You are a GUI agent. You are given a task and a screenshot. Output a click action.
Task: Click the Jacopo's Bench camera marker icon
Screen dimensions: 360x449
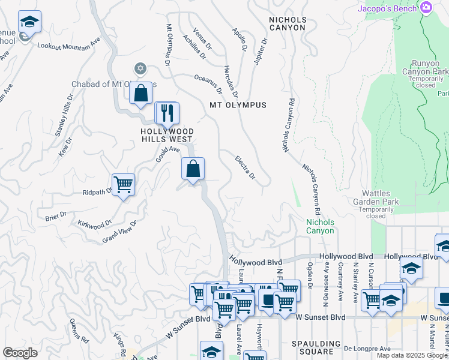coord(426,8)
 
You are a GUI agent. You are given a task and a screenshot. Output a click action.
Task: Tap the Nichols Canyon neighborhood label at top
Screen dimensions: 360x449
coord(288,23)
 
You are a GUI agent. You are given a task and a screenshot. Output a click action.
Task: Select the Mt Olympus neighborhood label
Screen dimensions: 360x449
coord(238,105)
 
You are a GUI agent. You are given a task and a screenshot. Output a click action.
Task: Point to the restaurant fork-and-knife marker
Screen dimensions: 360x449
coord(167,112)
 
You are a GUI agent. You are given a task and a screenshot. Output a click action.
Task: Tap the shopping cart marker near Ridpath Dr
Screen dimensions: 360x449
coord(123,184)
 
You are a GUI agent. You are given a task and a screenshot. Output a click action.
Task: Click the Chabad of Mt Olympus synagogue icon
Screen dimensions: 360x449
coord(140,68)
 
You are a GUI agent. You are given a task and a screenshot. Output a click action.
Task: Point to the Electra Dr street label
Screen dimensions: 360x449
coord(245,167)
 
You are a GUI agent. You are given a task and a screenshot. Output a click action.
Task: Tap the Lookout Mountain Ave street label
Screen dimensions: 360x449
coord(68,45)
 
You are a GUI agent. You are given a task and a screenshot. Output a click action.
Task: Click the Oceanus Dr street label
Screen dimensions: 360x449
coord(208,85)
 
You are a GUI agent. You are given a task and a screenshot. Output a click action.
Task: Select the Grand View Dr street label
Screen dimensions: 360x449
coord(119,232)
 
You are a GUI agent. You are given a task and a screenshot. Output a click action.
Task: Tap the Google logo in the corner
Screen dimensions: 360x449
coord(20,353)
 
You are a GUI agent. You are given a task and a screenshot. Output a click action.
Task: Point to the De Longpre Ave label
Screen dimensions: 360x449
coord(367,348)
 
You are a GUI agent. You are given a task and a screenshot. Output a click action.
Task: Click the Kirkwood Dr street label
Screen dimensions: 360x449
coord(95,224)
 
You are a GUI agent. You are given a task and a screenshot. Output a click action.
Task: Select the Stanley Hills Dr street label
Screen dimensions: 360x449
coord(64,114)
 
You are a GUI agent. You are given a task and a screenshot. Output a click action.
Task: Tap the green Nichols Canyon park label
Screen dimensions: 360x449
coord(320,226)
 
